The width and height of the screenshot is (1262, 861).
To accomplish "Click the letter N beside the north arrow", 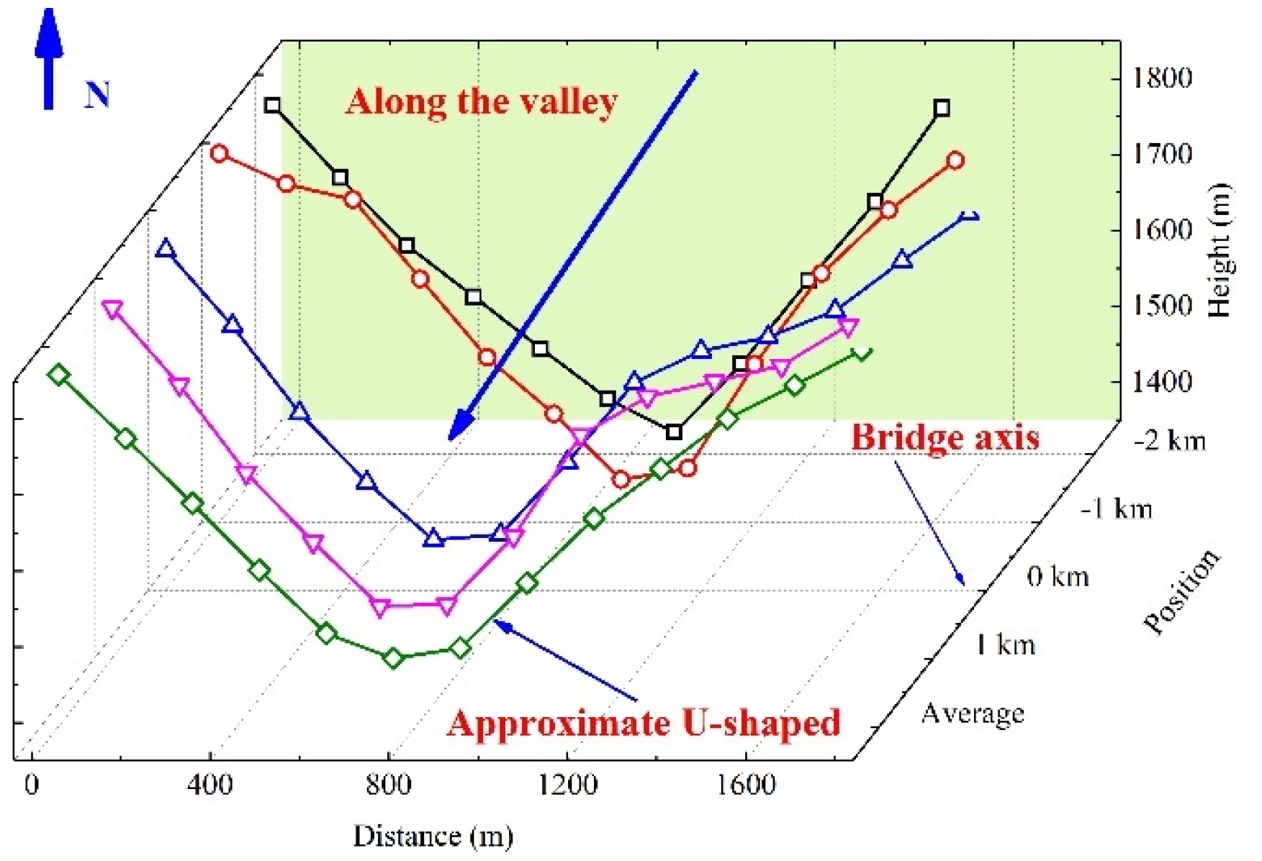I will tap(97, 95).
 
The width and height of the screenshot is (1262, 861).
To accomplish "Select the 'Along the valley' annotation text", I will tap(481, 102).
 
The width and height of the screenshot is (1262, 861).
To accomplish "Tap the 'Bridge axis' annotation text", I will tap(945, 437).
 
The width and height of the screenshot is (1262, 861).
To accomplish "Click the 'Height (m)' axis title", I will tap(1221, 251).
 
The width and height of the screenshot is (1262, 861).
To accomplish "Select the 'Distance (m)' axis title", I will tap(433, 837).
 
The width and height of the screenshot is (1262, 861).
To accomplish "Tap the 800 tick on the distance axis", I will tap(389, 784).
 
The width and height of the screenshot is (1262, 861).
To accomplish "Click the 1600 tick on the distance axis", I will tap(747, 784).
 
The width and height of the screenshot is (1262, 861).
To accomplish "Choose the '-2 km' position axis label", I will tap(1169, 440).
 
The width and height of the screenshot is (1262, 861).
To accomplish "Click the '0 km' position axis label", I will tap(1058, 577).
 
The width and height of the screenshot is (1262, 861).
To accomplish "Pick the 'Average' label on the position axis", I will tap(973, 714).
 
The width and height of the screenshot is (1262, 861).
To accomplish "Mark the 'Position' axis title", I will tap(1182, 593).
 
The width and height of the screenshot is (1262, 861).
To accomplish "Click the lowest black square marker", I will tap(674, 432).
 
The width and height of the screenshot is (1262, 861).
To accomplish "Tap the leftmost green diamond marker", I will tap(59, 375).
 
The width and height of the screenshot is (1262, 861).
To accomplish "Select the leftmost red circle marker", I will tap(220, 153).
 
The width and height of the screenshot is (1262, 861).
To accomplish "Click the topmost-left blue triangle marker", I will tap(166, 249).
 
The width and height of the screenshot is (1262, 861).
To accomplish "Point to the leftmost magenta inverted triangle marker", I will tap(112, 309).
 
